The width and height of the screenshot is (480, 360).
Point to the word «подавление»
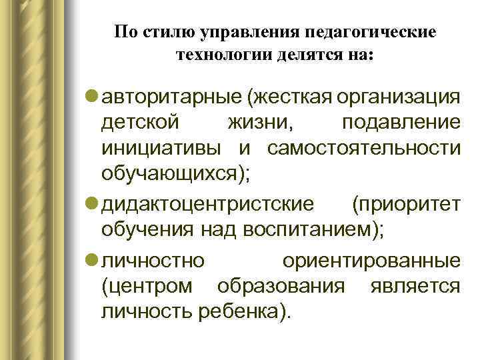tap(400, 123)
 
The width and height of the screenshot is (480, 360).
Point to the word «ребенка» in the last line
tap(245, 311)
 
